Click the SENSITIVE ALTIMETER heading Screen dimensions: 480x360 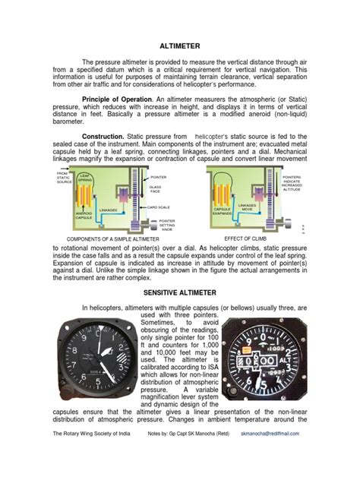179,291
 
